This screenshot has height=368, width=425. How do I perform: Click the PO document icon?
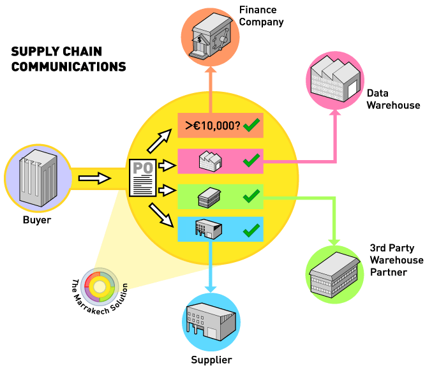142,178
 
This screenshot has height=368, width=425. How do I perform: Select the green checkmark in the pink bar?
251,159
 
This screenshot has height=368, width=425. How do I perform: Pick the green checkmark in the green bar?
251,195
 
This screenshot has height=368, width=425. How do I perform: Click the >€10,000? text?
212,126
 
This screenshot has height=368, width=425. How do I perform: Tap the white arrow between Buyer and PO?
91,175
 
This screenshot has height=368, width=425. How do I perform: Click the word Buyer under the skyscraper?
36,221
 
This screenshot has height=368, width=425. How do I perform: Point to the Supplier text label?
211,360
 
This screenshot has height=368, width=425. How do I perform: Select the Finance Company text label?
261,15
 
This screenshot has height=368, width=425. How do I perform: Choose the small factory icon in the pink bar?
210,160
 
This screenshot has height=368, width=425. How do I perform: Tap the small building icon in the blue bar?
208,228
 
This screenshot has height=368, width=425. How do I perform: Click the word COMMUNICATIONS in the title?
69,66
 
